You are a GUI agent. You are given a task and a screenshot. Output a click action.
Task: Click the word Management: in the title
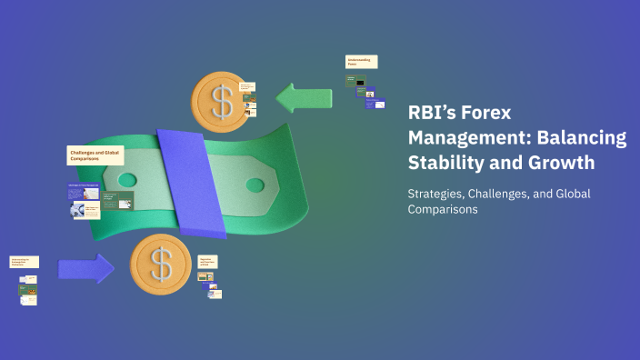click(x=465, y=138)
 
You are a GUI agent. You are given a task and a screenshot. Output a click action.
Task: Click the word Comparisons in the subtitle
click(x=442, y=209)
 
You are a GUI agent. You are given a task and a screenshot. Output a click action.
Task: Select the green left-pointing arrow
click(x=305, y=97)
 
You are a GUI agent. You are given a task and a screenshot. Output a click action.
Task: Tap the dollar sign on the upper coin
click(x=222, y=101)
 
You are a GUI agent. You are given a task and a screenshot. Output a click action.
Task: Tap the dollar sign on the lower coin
click(x=161, y=265)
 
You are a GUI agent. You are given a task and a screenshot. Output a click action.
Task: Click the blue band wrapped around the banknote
click(x=192, y=182)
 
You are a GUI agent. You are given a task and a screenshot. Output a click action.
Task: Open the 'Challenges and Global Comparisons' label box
click(x=95, y=155)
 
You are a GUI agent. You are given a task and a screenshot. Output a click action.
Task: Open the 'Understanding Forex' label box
click(x=361, y=62)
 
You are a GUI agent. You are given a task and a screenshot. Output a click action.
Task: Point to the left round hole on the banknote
click(x=127, y=180)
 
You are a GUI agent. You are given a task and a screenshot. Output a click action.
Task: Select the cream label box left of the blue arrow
click(x=25, y=262)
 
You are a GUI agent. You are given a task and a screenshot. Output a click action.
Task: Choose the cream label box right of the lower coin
click(x=208, y=261)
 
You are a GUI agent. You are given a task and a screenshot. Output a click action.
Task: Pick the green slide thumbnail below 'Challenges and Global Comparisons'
click(x=117, y=199)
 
